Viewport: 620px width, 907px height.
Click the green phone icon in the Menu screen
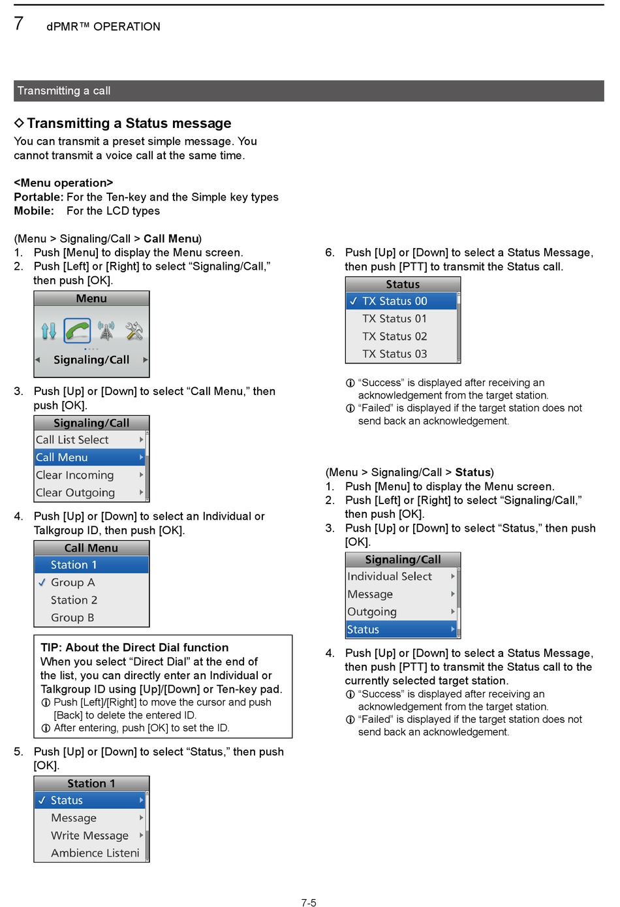[x=77, y=330]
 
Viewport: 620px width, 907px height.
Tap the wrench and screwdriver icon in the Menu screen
[x=134, y=331]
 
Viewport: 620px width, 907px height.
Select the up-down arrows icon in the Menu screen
[x=49, y=331]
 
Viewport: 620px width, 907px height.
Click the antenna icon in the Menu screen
[x=106, y=331]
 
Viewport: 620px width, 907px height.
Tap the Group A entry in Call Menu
[x=72, y=582]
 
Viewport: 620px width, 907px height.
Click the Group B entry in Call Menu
[x=72, y=617]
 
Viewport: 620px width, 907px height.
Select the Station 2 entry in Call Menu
[x=74, y=599]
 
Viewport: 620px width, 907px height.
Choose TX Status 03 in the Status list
[x=394, y=354]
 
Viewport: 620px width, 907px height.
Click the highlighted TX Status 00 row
[x=394, y=301]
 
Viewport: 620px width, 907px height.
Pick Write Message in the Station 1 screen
[x=89, y=835]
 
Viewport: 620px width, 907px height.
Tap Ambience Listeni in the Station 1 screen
[x=95, y=853]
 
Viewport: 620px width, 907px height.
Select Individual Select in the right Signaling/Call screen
[x=390, y=576]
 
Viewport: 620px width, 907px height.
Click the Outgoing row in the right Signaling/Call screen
[x=372, y=611]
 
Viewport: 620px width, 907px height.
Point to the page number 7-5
[x=309, y=902]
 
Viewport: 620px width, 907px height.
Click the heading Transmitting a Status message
[x=129, y=123]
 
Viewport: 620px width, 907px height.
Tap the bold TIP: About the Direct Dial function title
[x=134, y=647]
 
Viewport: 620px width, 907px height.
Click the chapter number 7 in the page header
[x=19, y=24]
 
